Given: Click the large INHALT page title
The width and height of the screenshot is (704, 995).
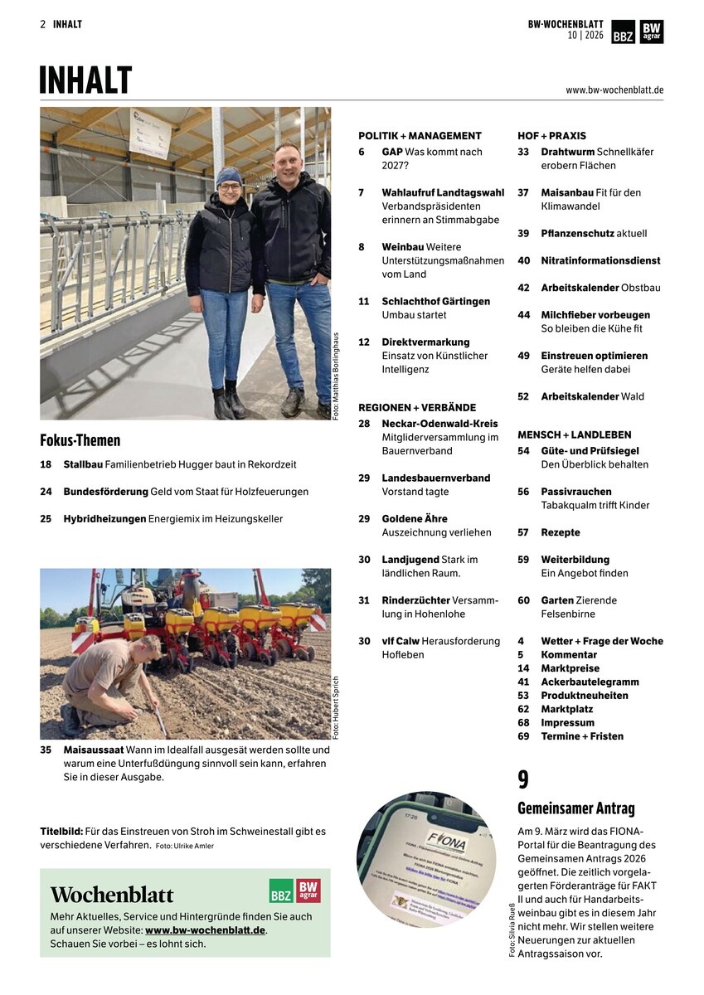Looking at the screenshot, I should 85,80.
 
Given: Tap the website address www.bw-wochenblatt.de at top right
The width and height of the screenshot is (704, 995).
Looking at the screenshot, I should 614,90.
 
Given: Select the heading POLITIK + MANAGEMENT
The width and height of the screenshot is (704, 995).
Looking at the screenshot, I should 420,135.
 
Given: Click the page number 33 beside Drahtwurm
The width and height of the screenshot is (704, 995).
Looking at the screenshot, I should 523,152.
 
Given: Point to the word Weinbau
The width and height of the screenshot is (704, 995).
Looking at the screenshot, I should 403,247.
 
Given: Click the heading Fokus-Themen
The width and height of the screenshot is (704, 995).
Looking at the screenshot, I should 80,440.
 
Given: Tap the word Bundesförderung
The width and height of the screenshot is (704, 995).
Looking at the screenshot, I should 105,492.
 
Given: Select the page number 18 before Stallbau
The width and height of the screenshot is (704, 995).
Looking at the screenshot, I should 46,464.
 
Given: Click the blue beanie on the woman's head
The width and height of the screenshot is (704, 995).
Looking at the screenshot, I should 229,175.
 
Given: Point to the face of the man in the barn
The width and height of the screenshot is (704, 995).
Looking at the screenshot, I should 288,159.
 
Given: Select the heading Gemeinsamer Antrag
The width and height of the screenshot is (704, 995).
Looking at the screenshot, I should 576,808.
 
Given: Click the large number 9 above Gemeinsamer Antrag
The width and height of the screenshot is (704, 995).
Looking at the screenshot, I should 523,779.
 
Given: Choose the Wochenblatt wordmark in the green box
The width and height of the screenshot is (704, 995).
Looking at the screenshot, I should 112,895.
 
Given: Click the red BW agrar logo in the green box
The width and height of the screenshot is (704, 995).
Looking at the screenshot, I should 308,891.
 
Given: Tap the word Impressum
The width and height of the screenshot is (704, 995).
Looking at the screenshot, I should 567,722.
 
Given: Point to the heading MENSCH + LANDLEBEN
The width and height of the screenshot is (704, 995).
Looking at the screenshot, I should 574,434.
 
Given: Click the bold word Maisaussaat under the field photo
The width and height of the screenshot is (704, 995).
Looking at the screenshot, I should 94,750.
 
